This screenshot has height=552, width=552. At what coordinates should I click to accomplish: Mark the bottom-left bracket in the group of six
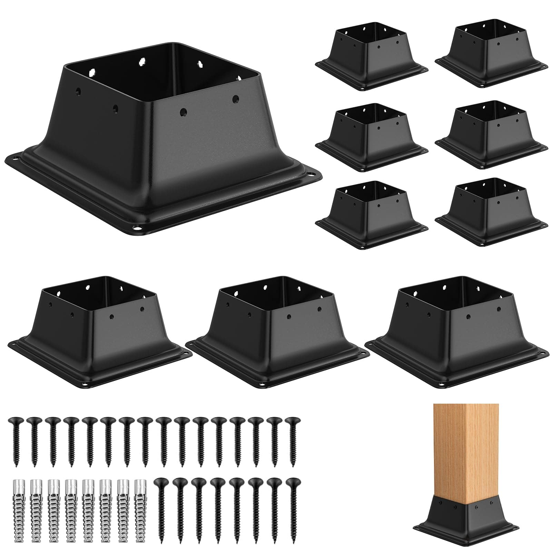tap(371, 214)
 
